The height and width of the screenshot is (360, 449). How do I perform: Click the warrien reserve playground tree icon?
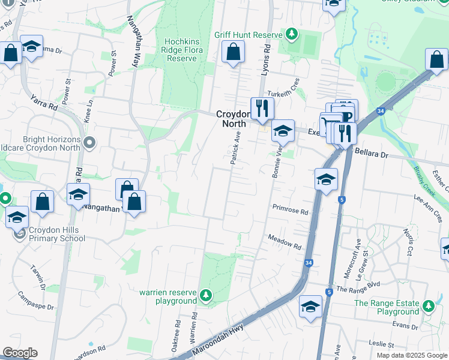pyautogui.click(x=206, y=295)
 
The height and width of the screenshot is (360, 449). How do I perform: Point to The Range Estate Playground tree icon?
pyautogui.click(x=429, y=306)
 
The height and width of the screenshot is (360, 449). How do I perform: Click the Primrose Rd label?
pyautogui.click(x=290, y=211)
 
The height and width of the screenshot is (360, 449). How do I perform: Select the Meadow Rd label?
pyautogui.click(x=284, y=241)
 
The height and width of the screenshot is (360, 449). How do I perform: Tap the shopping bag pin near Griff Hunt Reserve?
pyautogui.click(x=233, y=52)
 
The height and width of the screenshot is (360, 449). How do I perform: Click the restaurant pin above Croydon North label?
pyautogui.click(x=262, y=108)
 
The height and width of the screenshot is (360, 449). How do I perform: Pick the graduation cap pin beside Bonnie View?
pyautogui.click(x=283, y=131)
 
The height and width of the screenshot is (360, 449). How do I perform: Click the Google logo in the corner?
pyautogui.click(x=19, y=353)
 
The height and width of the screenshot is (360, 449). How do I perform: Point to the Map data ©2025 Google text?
pyautogui.click(x=412, y=355)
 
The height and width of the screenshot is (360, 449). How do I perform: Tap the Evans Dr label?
pyautogui.click(x=405, y=326)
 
